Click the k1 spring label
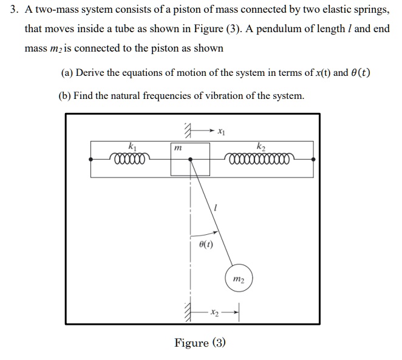coord(132,146)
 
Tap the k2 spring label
coord(261,146)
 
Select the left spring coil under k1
coord(129,160)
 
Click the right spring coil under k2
coord(261,160)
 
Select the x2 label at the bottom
coord(214,313)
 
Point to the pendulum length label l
coord(216,208)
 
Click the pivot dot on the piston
coord(191,160)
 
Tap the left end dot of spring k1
coord(90,159)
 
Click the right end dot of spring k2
coord(313,159)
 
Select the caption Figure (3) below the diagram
coord(200,343)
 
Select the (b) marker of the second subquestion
coord(66,95)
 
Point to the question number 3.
coord(12,10)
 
